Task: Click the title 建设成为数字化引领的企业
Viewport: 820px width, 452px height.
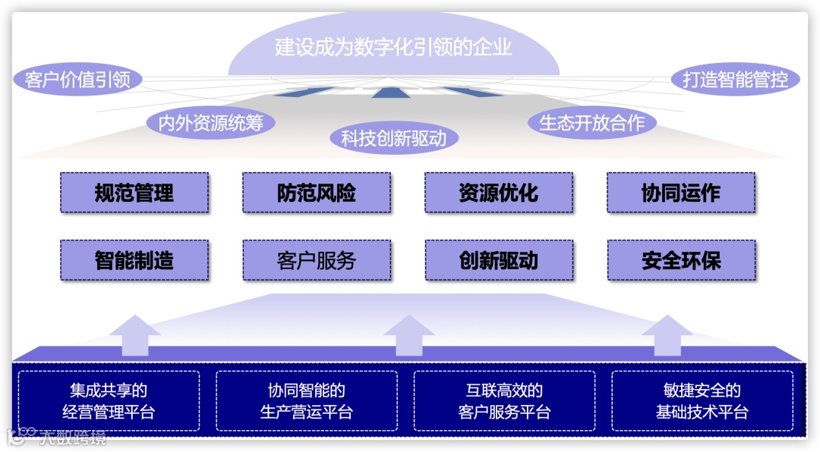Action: [393, 47]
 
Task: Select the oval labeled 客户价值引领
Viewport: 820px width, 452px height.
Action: [77, 79]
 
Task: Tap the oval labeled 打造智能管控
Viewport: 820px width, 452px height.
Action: [735, 79]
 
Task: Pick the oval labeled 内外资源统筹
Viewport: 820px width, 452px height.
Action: [210, 123]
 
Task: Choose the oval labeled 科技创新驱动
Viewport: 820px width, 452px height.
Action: [394, 138]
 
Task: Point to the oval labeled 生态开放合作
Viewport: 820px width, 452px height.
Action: [591, 123]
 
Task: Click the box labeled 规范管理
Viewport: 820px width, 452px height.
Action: [134, 193]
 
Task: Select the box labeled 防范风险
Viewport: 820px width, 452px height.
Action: [317, 193]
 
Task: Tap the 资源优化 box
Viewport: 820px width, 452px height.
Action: [499, 193]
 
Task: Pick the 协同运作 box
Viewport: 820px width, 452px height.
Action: [681, 193]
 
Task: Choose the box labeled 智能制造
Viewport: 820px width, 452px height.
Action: [134, 261]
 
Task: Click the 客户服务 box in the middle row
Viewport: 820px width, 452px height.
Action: [317, 261]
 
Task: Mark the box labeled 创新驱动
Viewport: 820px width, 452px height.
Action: [499, 261]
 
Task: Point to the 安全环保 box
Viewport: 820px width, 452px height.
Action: [681, 261]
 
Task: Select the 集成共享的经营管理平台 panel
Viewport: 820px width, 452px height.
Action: [109, 401]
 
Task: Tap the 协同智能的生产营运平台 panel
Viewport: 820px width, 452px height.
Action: [307, 401]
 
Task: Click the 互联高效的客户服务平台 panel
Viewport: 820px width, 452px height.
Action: [504, 401]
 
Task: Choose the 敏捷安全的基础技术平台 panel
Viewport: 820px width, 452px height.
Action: [702, 401]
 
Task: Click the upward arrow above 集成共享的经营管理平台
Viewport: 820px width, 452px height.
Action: [135, 335]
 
